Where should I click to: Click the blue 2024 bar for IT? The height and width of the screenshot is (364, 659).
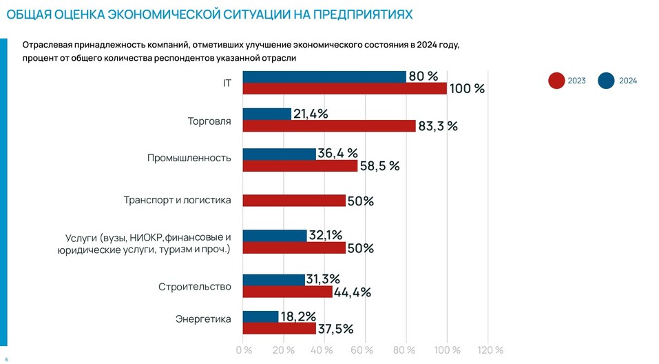(x=324, y=77)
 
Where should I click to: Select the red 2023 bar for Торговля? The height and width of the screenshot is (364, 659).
(x=329, y=126)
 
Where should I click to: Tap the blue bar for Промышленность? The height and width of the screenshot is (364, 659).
(x=280, y=154)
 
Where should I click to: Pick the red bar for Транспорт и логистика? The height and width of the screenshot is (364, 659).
(x=294, y=201)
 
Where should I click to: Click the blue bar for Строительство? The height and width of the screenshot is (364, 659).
(x=274, y=279)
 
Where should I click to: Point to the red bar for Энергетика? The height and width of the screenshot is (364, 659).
(x=280, y=328)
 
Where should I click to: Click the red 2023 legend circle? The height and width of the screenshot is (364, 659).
(x=556, y=81)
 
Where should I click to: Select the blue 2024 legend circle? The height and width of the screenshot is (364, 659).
(x=607, y=81)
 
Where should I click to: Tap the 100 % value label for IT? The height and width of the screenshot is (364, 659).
(x=468, y=89)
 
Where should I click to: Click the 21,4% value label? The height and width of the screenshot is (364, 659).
(x=311, y=114)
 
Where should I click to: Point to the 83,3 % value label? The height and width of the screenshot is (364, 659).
(x=438, y=126)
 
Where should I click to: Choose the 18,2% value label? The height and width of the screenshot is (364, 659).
(x=298, y=316)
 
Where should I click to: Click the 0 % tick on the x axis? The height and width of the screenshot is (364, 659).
(x=244, y=350)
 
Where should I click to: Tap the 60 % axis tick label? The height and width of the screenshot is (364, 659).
(x=366, y=350)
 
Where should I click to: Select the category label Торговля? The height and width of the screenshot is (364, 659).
(x=209, y=121)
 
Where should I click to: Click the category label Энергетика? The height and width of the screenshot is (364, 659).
(x=204, y=318)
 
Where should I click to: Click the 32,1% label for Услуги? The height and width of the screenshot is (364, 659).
(x=326, y=235)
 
